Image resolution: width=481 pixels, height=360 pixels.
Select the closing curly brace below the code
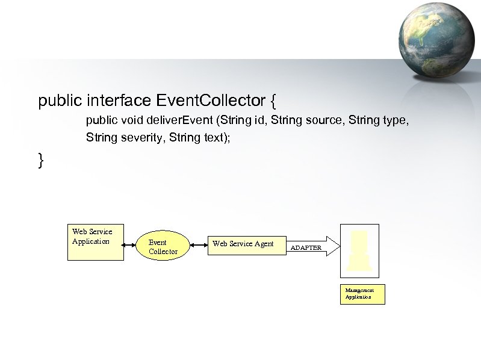click(41, 160)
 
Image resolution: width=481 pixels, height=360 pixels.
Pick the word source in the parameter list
click(321, 121)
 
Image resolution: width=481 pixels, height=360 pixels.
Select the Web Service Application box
click(95, 243)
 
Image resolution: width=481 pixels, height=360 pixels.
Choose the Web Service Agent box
click(247, 244)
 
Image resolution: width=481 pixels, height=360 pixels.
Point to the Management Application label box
click(362, 294)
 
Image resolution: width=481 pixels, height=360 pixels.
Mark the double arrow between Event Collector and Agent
click(199, 244)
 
